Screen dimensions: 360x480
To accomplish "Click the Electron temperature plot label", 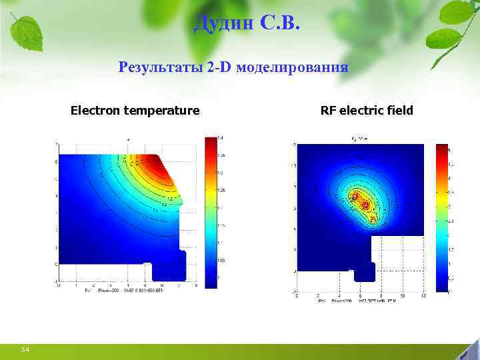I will (x=135, y=110).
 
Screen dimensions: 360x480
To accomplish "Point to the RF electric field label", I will (x=367, y=110).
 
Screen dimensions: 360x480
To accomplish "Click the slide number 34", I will (x=25, y=350).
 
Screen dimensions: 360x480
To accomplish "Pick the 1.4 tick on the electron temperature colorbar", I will (x=221, y=138).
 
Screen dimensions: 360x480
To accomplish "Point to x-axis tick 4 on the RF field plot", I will (x=339, y=295).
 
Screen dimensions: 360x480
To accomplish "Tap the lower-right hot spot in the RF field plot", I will (x=365, y=206).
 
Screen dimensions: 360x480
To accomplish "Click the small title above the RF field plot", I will (x=360, y=139).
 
